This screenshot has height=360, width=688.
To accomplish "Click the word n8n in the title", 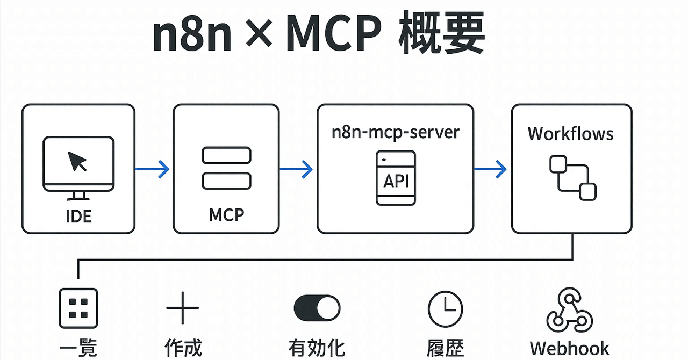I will [191, 37].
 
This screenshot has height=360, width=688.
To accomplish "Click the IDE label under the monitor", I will [78, 216].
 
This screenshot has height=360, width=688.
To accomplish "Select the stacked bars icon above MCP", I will [226, 168].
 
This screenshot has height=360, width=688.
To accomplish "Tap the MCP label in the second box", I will [226, 215].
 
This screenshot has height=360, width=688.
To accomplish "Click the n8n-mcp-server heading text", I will [395, 132].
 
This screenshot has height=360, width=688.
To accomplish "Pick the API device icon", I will [396, 177].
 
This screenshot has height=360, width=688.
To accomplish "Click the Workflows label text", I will [570, 133].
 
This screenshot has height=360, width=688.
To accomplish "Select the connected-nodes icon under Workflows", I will [572, 177].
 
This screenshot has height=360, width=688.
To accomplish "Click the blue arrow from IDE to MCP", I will [152, 170].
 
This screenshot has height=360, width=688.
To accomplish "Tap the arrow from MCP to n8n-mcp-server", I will [296, 170].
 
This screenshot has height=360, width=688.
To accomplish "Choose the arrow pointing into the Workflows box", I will [490, 170].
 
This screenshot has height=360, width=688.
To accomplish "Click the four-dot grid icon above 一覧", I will [78, 308].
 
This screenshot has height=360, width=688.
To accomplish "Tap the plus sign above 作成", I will [183, 308].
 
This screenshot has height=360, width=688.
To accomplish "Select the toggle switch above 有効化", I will [317, 308].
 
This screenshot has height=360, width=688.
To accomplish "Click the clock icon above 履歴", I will [445, 308].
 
